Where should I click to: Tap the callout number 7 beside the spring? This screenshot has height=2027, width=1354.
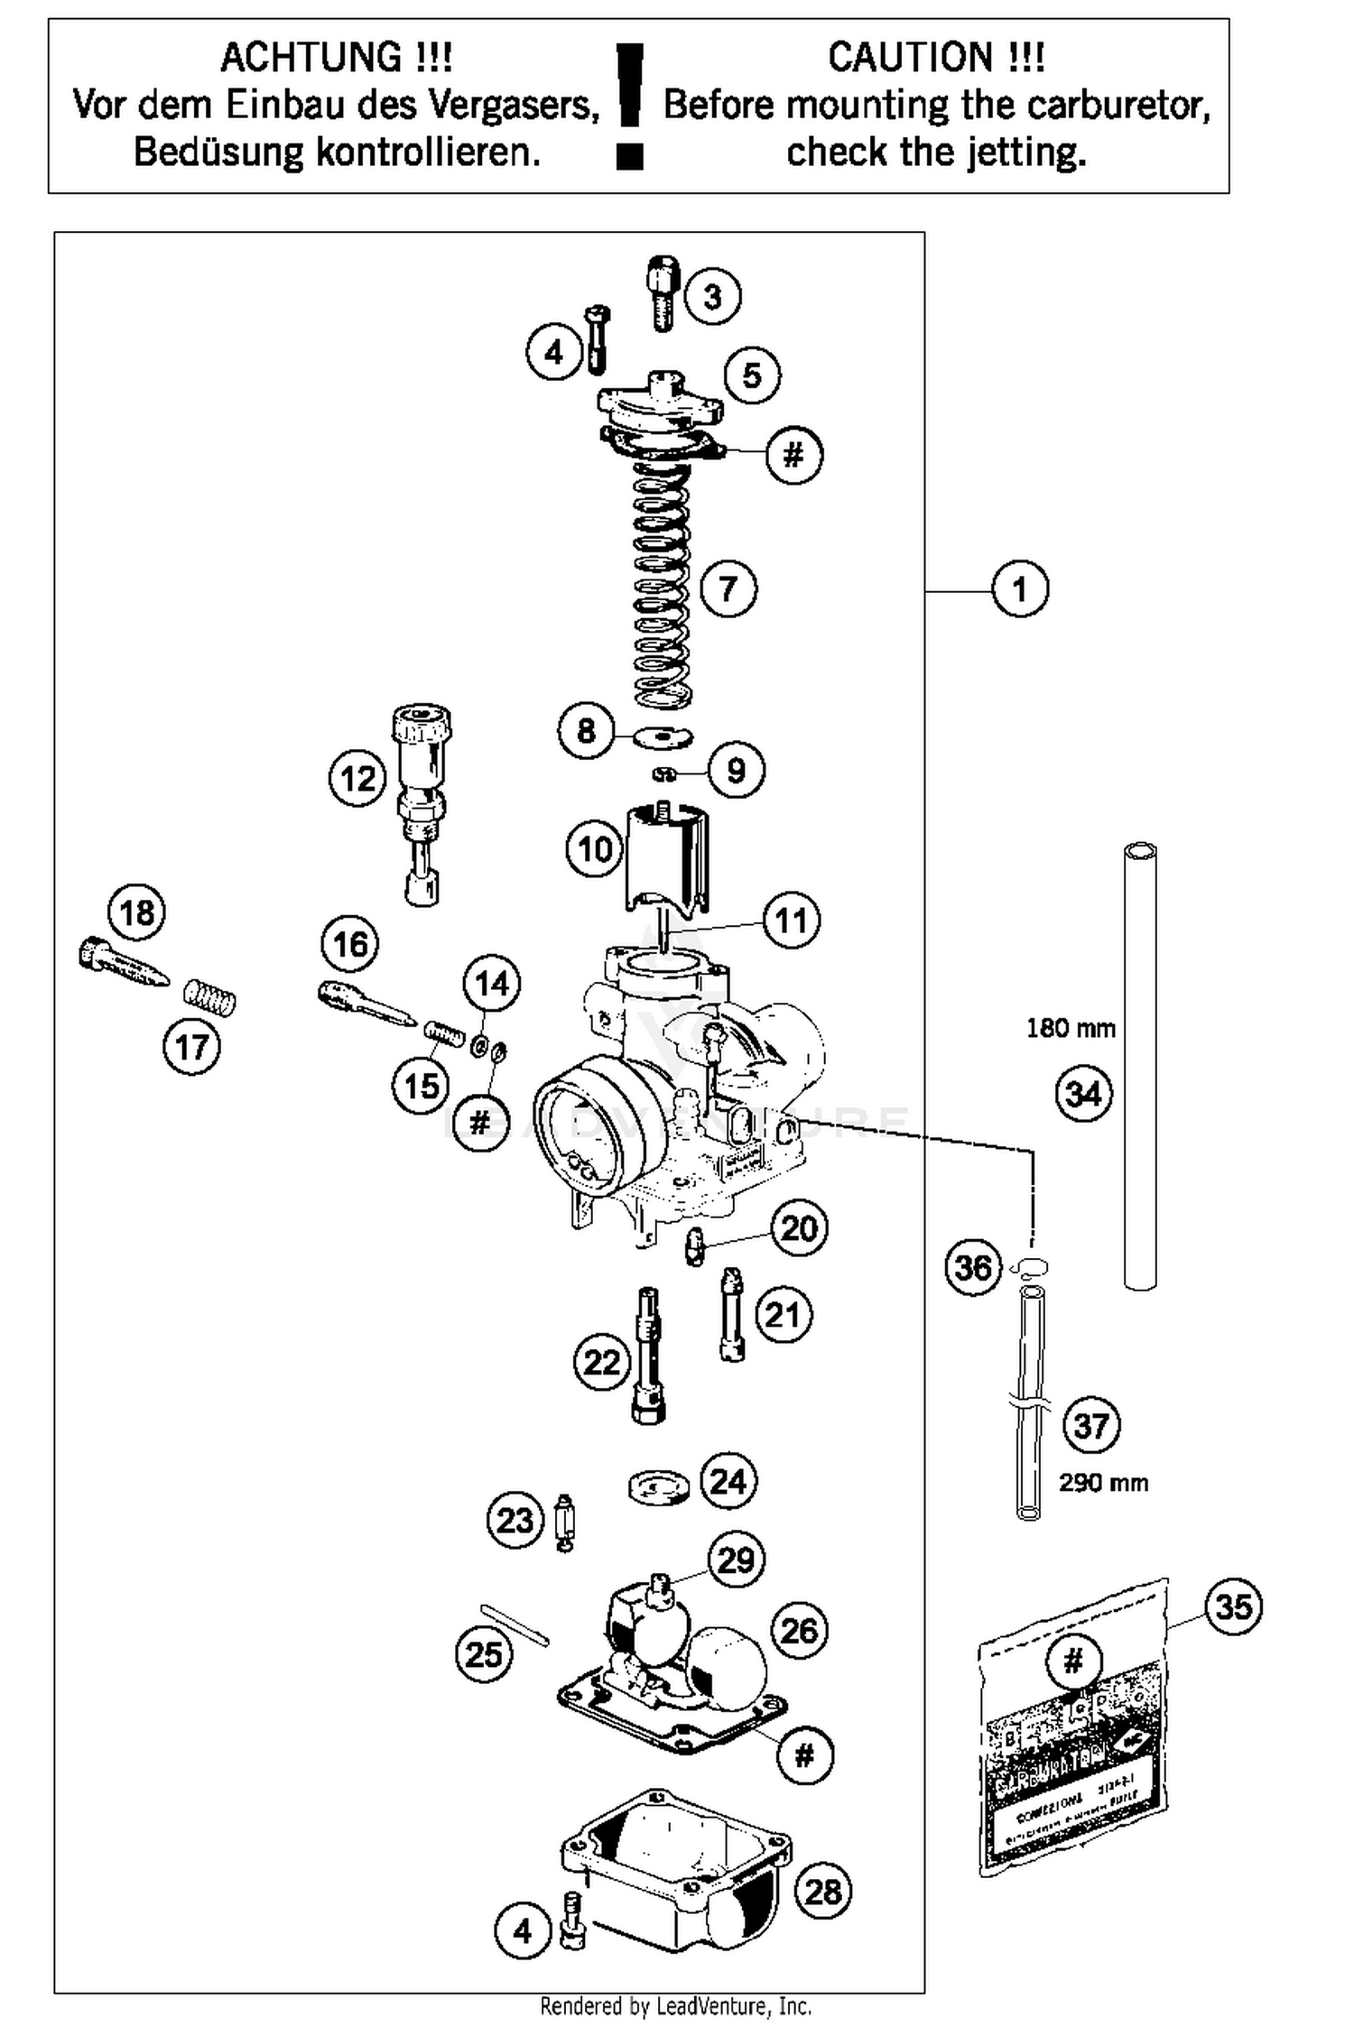click(728, 588)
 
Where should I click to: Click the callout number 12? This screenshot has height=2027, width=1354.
click(357, 778)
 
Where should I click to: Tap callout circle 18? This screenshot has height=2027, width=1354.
click(136, 912)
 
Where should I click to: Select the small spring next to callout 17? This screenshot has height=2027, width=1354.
click(209, 997)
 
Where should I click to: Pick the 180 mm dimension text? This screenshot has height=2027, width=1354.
click(1071, 1028)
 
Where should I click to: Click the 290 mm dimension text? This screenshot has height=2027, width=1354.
click(1103, 1483)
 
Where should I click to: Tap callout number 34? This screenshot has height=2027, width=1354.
click(1083, 1094)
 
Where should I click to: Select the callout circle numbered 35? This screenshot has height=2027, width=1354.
click(1233, 1606)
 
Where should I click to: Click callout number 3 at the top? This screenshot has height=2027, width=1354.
click(712, 296)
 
